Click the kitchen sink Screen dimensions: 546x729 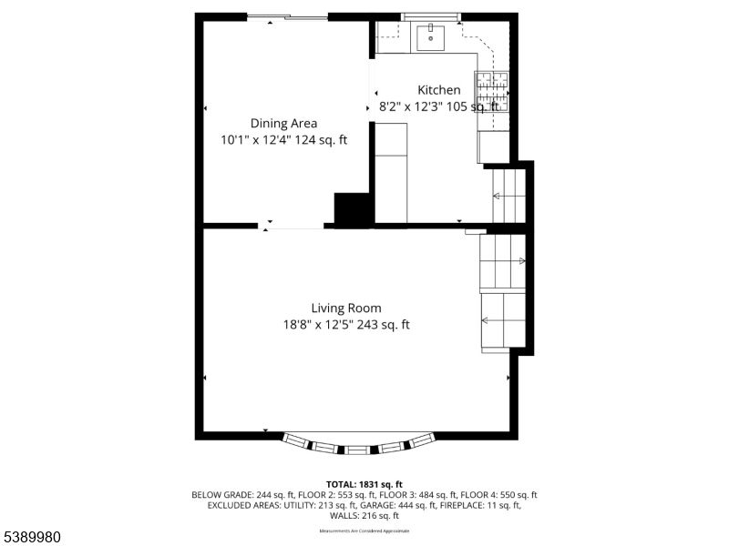tap(429, 38)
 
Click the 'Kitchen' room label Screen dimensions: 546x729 tap(439, 90)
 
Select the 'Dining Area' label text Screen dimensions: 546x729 tap(283, 124)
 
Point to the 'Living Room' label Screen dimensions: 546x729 tap(346, 308)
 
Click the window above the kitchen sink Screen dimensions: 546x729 tap(432, 16)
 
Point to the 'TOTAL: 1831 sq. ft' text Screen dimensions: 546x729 tap(364, 484)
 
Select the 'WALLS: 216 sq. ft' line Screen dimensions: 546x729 tap(364, 515)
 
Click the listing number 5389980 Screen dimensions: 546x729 tap(31, 537)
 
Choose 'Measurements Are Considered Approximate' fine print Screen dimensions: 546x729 tap(364, 531)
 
